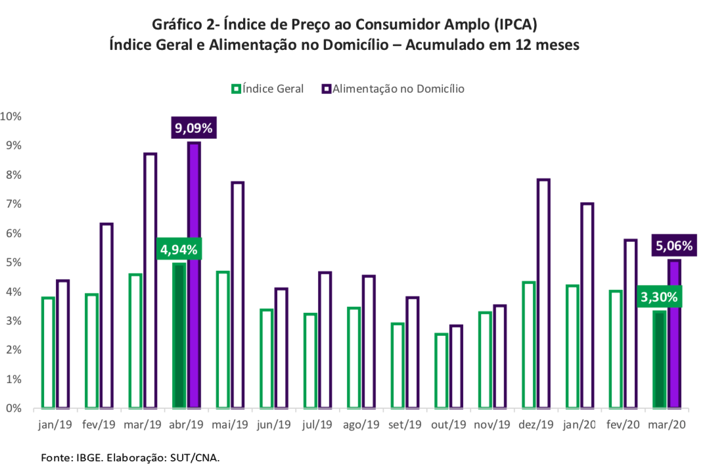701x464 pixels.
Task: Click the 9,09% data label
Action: pos(194,128)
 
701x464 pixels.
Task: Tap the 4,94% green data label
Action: pos(178,250)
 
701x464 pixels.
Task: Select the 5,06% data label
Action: pos(674,246)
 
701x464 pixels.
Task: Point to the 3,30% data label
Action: pos(659,296)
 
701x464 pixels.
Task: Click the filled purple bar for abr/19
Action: pos(194,276)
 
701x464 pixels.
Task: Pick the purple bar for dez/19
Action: pos(543,294)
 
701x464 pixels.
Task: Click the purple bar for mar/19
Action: pos(150,281)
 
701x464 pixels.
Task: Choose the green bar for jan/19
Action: pos(47,352)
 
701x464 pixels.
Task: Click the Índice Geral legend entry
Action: pos(267,89)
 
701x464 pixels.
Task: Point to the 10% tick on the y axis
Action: pos(11,116)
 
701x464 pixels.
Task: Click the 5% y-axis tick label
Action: pos(13,263)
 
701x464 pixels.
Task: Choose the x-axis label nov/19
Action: pos(492,425)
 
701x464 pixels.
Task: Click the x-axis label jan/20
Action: pos(579,425)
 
